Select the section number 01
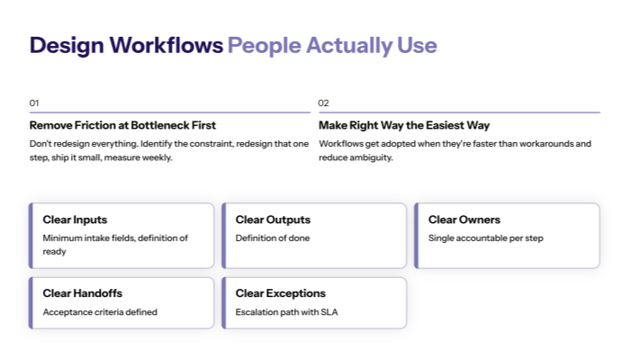pos(34,103)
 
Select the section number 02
pos(324,103)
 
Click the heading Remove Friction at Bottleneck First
pos(122,125)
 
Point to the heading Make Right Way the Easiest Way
pos(404,125)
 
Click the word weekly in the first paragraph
pos(155,157)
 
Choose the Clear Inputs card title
pos(75,220)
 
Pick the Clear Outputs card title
pos(273,220)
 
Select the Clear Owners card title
pos(464,220)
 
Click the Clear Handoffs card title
pos(82,293)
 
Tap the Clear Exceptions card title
pos(281,293)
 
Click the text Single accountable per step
pos(486,238)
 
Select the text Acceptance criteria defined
pos(100,312)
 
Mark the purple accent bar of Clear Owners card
pos(417,236)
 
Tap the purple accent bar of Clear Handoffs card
pos(31,302)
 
